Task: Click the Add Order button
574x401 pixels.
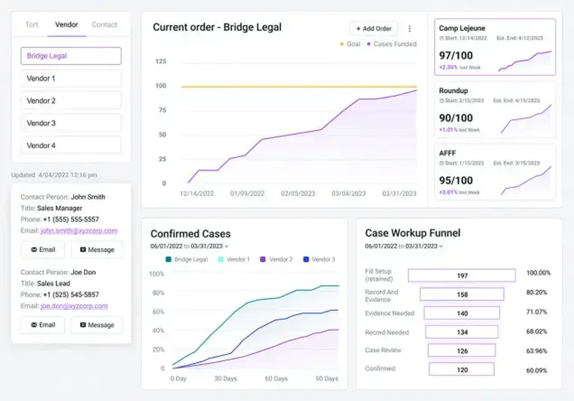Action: click(374, 28)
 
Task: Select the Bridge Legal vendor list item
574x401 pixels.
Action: click(71, 56)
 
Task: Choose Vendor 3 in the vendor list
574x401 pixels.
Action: click(71, 123)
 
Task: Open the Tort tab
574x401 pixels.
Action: click(32, 25)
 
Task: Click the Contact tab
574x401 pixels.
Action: click(104, 25)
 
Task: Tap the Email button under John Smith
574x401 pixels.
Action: click(43, 250)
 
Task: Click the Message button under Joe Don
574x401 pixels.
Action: click(97, 325)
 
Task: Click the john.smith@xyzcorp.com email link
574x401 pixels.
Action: click(79, 231)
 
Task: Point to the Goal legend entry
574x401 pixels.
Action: click(350, 44)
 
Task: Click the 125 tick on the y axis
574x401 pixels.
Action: click(161, 61)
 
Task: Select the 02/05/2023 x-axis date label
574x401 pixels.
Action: click(298, 194)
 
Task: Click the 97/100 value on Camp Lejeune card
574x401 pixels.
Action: click(456, 55)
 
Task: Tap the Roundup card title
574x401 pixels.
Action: click(453, 91)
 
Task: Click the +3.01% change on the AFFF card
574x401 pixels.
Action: click(448, 192)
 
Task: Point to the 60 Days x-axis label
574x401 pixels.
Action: click(276, 379)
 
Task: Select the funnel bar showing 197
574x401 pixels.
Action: click(462, 276)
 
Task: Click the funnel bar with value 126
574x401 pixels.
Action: click(462, 350)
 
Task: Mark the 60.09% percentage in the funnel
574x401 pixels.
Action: click(538, 369)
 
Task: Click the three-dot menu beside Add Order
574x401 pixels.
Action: click(409, 28)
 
